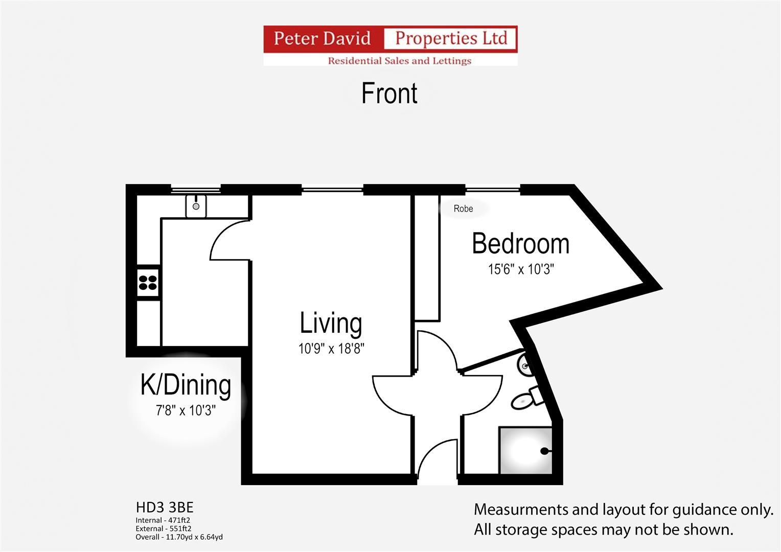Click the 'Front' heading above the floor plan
point(389,94)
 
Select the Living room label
point(331,323)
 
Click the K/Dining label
point(186,385)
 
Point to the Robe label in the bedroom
point(463,209)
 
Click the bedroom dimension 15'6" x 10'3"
point(521,269)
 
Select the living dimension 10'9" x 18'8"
point(331,349)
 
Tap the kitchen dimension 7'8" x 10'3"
point(186,410)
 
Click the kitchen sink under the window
point(196,206)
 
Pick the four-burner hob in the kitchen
point(148,283)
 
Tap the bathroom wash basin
point(525,365)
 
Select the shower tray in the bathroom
point(525,450)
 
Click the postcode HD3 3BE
point(165,507)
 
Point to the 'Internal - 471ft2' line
point(163,520)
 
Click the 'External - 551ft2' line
point(164,528)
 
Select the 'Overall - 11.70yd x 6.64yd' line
point(179,537)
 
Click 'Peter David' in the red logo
point(322,38)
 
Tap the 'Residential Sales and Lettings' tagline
point(400,61)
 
